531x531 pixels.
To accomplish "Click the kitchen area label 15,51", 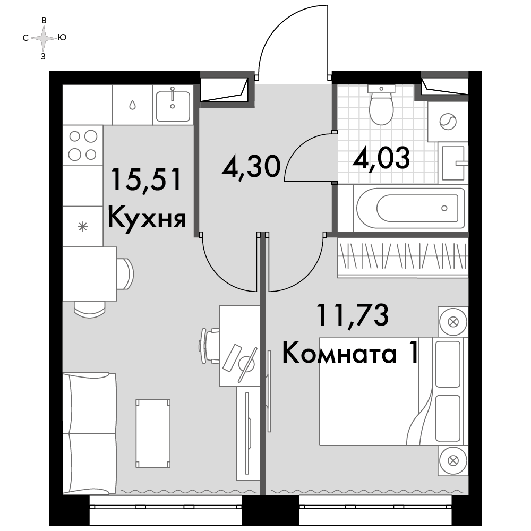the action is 147,180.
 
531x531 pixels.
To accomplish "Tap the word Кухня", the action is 147,218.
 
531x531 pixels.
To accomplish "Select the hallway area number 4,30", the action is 251,166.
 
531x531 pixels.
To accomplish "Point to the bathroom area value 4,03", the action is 381,158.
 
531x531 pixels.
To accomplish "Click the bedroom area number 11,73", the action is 352,315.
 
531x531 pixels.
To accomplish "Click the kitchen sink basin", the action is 173,105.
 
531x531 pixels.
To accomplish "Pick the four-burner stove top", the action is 83,145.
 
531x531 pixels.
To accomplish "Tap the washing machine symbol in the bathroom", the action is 448,121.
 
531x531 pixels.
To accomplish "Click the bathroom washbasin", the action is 453,163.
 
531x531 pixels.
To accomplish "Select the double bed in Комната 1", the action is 393,391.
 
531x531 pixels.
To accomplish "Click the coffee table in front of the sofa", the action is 153,433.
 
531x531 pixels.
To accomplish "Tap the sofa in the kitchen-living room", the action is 90,433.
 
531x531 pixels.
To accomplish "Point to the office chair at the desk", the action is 209,346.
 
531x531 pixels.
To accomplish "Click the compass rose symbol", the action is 44,38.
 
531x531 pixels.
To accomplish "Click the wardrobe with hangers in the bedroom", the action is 402,258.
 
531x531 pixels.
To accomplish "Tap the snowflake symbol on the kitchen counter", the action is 83,227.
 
